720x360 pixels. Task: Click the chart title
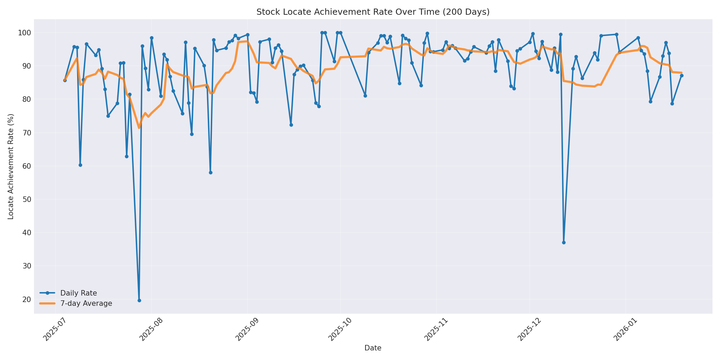pos(373,12)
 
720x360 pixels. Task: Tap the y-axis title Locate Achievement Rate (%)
pos(11,166)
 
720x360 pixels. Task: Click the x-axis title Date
pos(373,348)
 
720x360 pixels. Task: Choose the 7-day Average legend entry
pos(86,303)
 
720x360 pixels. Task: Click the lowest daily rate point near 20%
pos(139,300)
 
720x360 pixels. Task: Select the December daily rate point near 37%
pos(564,242)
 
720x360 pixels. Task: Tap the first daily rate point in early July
pos(65,80)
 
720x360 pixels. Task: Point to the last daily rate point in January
pos(682,75)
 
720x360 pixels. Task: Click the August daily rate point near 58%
pos(211,172)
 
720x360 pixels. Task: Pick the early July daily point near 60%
pos(80,165)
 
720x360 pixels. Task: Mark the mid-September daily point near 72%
pos(291,125)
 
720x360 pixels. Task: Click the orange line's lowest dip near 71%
pos(139,128)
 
